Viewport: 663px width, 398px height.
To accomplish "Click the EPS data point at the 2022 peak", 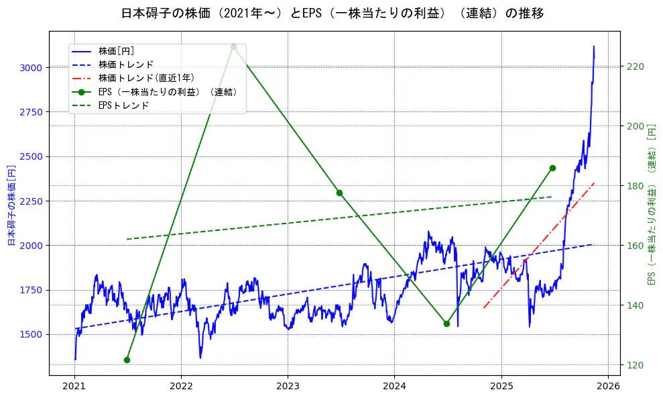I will [233, 46].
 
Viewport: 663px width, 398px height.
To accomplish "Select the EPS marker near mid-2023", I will [339, 193].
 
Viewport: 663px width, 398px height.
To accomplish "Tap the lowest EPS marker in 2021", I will [127, 360].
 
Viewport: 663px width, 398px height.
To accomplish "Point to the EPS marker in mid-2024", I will [446, 324].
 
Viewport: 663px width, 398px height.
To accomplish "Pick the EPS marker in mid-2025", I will [552, 168].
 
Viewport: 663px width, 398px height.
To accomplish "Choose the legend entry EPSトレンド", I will [123, 105].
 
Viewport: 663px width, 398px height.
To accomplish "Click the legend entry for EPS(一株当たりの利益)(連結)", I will [168, 92].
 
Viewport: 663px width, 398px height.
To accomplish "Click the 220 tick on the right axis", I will [635, 66].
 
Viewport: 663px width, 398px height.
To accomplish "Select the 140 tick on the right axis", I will [635, 305].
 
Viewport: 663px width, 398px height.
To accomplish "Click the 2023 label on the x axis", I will [288, 386].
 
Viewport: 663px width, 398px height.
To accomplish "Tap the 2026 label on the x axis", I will [607, 386].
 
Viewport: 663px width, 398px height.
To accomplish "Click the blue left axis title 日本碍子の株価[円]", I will [11, 204].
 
